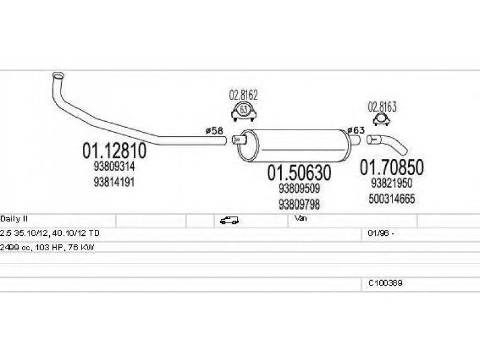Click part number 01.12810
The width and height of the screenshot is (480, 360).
(x=114, y=151)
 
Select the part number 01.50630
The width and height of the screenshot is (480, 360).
(x=299, y=173)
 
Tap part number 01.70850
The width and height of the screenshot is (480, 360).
(x=392, y=167)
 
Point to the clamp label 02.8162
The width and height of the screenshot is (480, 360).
(x=244, y=95)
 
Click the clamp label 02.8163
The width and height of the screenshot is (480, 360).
(x=382, y=107)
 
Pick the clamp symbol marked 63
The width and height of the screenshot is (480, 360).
(x=244, y=112)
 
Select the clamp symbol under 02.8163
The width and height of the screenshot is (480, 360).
(x=382, y=119)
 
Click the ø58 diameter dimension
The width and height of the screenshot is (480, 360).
(x=214, y=131)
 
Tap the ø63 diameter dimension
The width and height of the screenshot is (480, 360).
(x=356, y=130)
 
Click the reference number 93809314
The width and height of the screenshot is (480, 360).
(x=114, y=167)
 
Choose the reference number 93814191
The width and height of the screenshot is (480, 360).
(x=114, y=182)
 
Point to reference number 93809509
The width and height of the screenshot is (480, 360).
(x=299, y=188)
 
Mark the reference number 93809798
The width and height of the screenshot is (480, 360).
(x=299, y=204)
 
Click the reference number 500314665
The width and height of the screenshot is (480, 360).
(x=392, y=199)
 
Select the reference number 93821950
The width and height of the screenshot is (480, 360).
(x=392, y=183)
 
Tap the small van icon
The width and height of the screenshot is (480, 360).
(x=229, y=220)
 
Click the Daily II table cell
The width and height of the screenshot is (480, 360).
(x=14, y=219)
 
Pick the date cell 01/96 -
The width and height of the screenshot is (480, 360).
(x=381, y=233)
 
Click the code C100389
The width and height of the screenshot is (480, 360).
(x=385, y=283)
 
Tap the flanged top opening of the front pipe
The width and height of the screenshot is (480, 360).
(x=58, y=76)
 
